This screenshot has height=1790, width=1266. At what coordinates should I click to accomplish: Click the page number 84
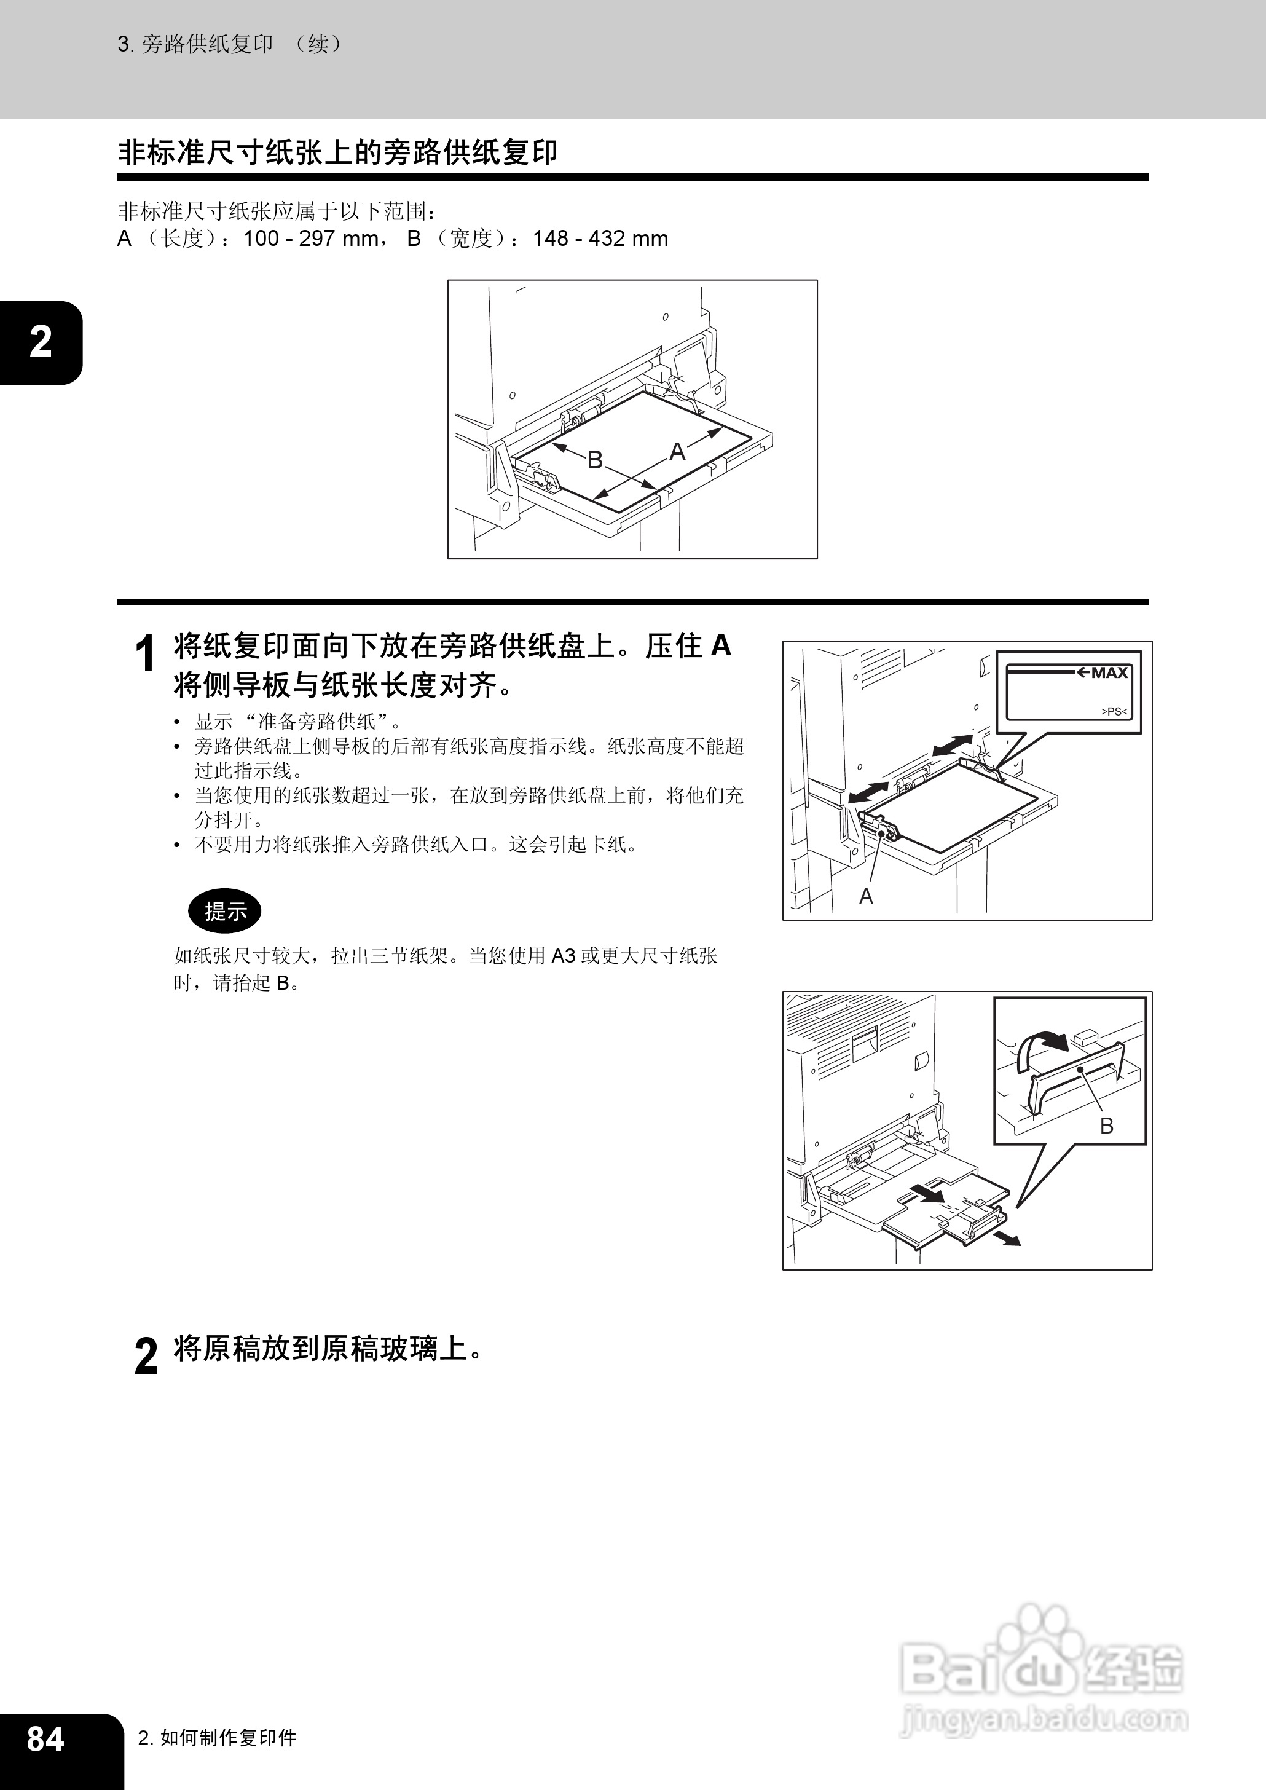point(45,1740)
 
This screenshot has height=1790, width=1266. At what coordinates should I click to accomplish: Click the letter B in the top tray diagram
point(595,460)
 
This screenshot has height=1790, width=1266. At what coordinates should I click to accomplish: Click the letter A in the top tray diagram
point(677,451)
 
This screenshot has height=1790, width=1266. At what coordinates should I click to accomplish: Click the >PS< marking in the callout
point(1114,711)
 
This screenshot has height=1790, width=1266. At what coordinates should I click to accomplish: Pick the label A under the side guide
point(866,897)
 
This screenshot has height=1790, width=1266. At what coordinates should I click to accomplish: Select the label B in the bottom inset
point(1106,1125)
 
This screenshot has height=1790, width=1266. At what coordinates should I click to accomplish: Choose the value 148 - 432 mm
point(600,239)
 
